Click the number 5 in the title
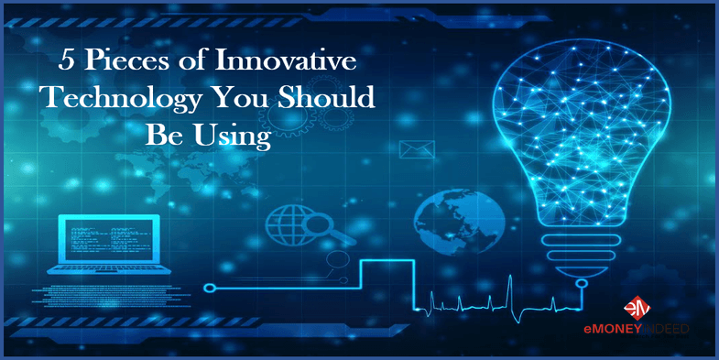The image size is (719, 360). click(x=68, y=65)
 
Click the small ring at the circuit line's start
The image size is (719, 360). click(x=209, y=288)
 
